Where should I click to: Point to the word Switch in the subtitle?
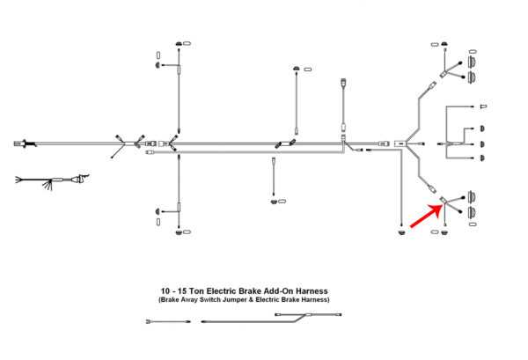coord(210,299)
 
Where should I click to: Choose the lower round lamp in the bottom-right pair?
coord(471,210)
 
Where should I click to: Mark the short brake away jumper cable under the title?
coord(168,321)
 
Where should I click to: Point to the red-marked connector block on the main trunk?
coord(400,143)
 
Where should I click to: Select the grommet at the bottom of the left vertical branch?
coord(182,233)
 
